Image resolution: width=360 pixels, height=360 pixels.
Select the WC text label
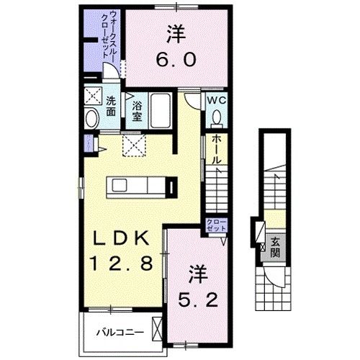[217, 101]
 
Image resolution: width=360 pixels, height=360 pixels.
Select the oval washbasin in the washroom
[91, 119]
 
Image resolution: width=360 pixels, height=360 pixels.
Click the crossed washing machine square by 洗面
[91, 96]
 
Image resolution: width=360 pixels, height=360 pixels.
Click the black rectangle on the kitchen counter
[171, 187]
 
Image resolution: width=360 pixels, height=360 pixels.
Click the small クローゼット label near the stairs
[215, 225]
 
